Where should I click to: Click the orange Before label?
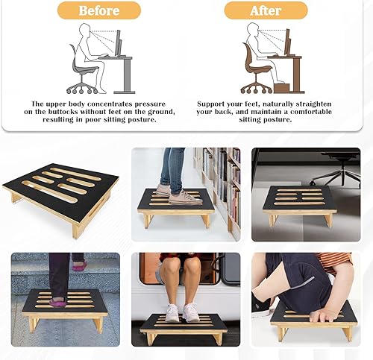coord(99,10)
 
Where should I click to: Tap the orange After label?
coord(266,10)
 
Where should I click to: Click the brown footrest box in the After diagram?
coord(281,88)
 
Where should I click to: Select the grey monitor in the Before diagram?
coord(118,42)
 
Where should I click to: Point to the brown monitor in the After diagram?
coord(287,42)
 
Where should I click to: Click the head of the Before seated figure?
coord(84,31)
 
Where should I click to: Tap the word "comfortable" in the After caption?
coord(311,112)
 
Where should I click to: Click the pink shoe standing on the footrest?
coord(58,303)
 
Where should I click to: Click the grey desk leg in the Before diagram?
coord(127,75)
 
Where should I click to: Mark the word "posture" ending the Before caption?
coord(142,120)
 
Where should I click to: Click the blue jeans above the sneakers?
coord(172,169)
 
